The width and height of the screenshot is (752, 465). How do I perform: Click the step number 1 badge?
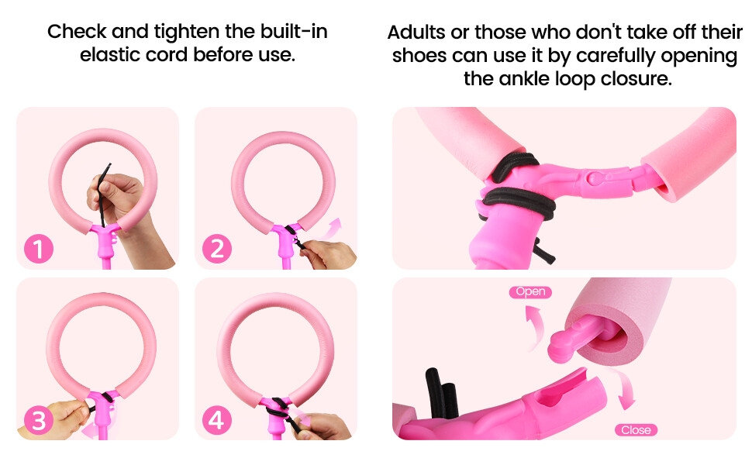(39, 249)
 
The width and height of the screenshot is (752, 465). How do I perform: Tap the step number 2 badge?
(217, 249)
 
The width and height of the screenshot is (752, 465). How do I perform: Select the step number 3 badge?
(39, 420)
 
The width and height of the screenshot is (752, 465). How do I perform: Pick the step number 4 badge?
(217, 420)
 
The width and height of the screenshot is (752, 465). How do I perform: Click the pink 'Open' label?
(530, 292)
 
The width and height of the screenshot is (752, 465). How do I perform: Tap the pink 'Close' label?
(636, 429)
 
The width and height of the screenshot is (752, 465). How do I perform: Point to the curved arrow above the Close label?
(625, 391)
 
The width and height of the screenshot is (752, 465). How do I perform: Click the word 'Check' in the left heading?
(76, 33)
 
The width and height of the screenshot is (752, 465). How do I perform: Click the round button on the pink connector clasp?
(593, 177)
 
